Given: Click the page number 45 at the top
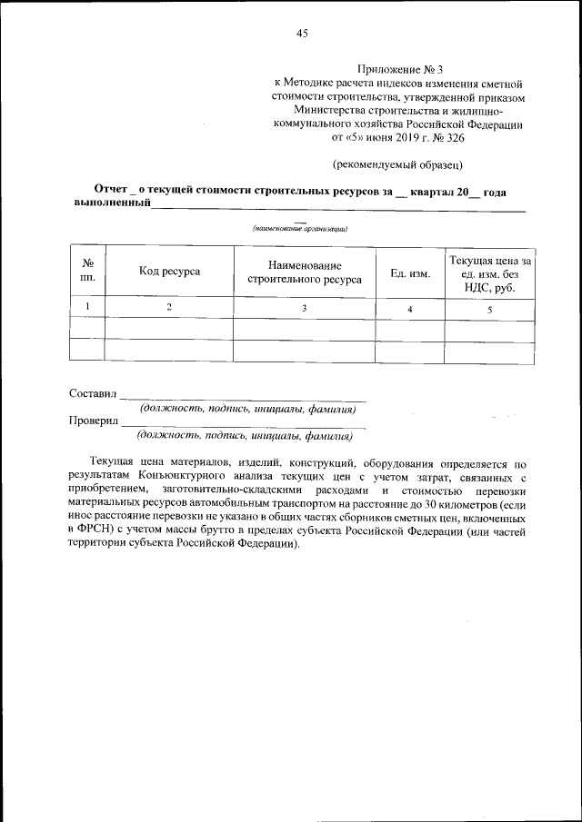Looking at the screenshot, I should [x=302, y=34].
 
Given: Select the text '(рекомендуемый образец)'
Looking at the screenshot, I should [x=399, y=164].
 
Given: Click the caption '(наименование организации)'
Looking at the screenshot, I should [x=300, y=229].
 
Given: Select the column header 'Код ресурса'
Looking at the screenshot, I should [x=169, y=271].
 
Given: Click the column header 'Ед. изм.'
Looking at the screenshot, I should [x=409, y=272].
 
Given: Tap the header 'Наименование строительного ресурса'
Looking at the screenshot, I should [x=304, y=271].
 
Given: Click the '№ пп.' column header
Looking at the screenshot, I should [x=88, y=271].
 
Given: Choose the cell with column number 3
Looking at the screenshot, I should [x=304, y=309].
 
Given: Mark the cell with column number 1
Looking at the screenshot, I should [x=88, y=307].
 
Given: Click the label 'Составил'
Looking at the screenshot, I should [x=94, y=394].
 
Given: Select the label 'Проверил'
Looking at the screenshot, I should [x=95, y=421].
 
